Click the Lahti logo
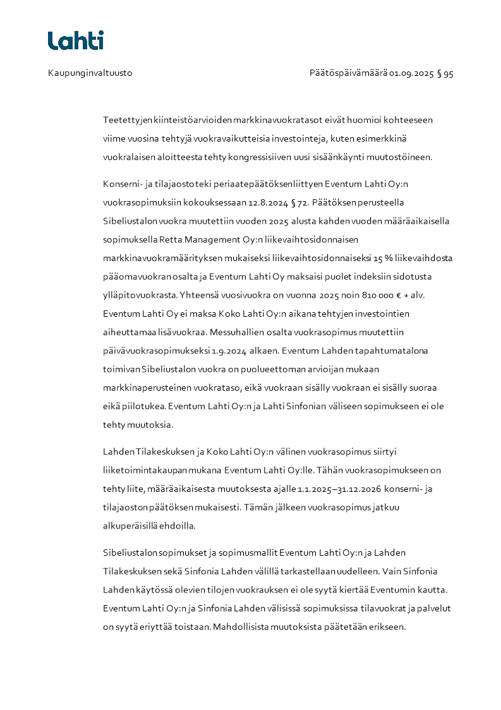click(76, 40)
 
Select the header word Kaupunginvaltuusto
click(90, 73)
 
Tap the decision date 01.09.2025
click(411, 73)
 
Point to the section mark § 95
click(445, 73)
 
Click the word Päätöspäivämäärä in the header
click(347, 73)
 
